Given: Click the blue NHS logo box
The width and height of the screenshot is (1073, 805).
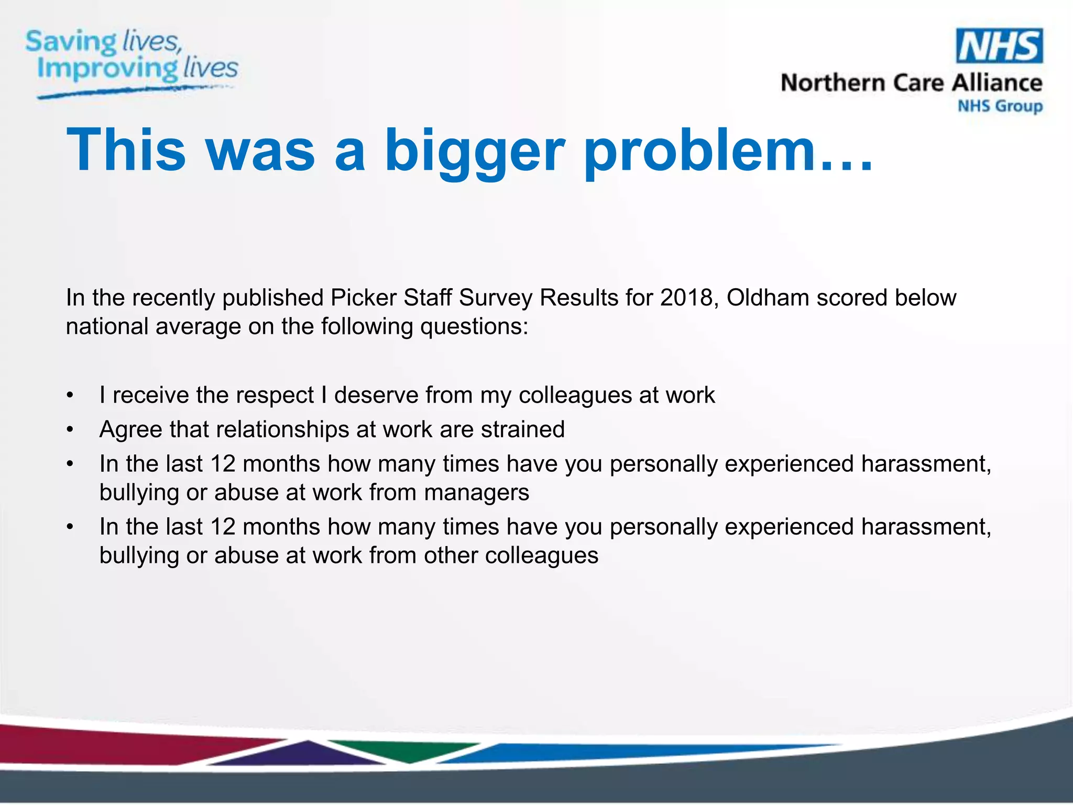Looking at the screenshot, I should (x=999, y=46).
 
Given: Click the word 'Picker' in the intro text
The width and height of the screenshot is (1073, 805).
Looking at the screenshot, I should (x=364, y=298).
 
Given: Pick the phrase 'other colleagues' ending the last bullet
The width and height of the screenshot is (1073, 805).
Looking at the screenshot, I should (x=511, y=556).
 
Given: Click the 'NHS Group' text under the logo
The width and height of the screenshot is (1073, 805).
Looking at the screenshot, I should (x=1000, y=106).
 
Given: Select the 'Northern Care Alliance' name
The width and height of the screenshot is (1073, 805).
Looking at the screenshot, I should (x=911, y=83).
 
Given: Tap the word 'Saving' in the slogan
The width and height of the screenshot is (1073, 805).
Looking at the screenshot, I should (x=71, y=42).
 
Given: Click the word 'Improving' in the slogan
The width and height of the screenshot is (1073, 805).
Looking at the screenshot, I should (x=107, y=69).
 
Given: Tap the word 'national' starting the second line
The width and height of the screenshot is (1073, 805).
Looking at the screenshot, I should (x=106, y=327).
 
